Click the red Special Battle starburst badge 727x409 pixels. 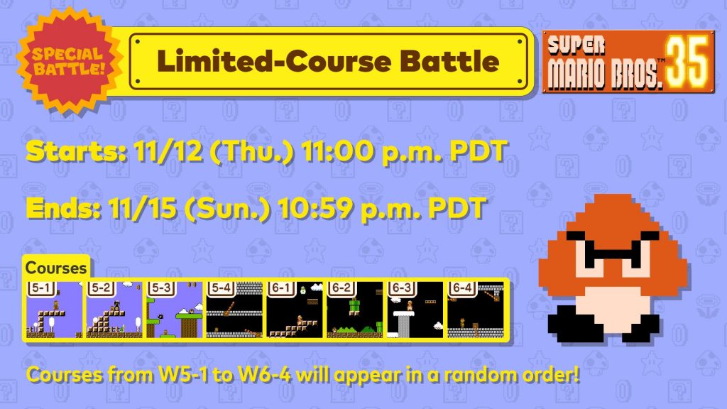[x=70, y=61]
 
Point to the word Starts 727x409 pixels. [x=76, y=151]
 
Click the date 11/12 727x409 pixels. [x=168, y=151]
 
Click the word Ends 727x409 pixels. [x=63, y=208]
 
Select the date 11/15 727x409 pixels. [x=143, y=208]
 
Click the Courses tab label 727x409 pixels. [x=56, y=268]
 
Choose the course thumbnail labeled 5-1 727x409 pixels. [x=54, y=310]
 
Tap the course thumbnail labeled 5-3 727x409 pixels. [x=175, y=310]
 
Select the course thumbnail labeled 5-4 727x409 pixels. [x=234, y=310]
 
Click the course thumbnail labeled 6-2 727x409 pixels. [x=355, y=310]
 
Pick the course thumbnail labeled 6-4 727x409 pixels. [x=476, y=310]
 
